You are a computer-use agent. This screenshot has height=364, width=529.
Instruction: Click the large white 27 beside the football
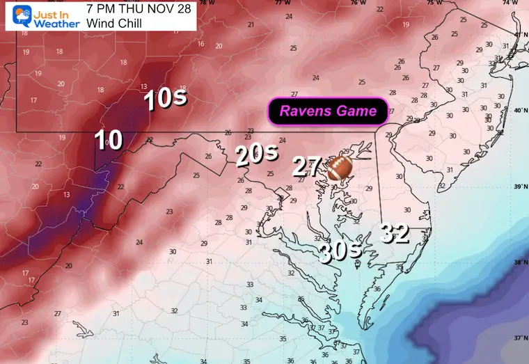[x=306, y=167]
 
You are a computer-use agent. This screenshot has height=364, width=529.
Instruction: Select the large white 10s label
[x=165, y=100]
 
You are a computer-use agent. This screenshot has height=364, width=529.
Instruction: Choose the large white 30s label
[x=338, y=250]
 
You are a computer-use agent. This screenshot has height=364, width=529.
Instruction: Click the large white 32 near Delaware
[x=395, y=233]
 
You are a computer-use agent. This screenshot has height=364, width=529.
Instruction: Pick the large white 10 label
[x=109, y=141]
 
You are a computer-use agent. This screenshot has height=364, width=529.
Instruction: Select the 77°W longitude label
[x=282, y=3]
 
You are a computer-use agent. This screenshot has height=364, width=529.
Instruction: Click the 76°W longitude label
[x=358, y=3]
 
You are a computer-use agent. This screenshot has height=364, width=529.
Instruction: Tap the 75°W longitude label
[x=434, y=3]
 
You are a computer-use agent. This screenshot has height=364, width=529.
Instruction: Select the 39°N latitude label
[x=521, y=187]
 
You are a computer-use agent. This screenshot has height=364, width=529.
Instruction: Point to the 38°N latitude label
[x=521, y=262]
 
